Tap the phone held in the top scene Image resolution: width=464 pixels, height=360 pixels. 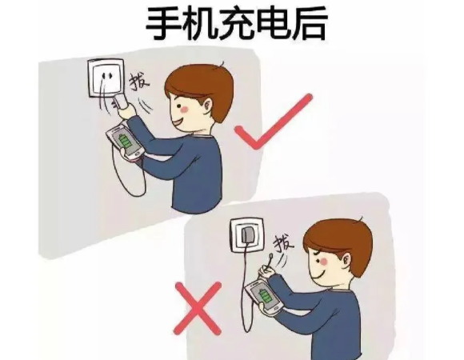[x=125, y=141]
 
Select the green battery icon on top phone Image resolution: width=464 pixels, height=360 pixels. [x=125, y=142]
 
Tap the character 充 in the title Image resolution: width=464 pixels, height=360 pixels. [x=232, y=24]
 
